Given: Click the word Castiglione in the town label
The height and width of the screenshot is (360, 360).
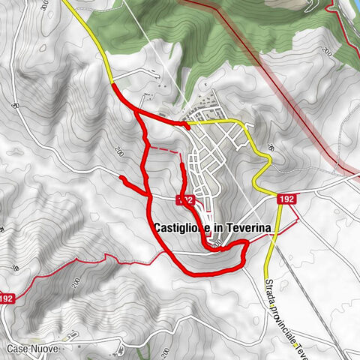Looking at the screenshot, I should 180,226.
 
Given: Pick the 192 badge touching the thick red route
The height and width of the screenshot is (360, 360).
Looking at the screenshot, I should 187,199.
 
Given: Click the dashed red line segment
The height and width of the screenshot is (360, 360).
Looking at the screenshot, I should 166,151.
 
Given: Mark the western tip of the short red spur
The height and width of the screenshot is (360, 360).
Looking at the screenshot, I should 121,177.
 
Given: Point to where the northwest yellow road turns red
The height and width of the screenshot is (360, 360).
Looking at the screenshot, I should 112,85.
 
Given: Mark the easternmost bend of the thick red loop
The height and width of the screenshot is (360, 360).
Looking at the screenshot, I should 247,247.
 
